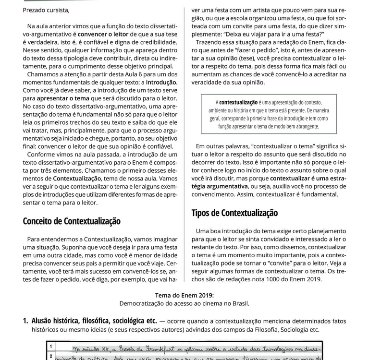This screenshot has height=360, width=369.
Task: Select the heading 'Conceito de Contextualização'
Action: tap(72, 221)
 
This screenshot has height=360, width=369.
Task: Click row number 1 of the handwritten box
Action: tap(50, 346)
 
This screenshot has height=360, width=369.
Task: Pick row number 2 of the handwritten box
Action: tap(50, 356)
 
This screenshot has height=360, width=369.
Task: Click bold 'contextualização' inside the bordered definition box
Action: tap(239, 102)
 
